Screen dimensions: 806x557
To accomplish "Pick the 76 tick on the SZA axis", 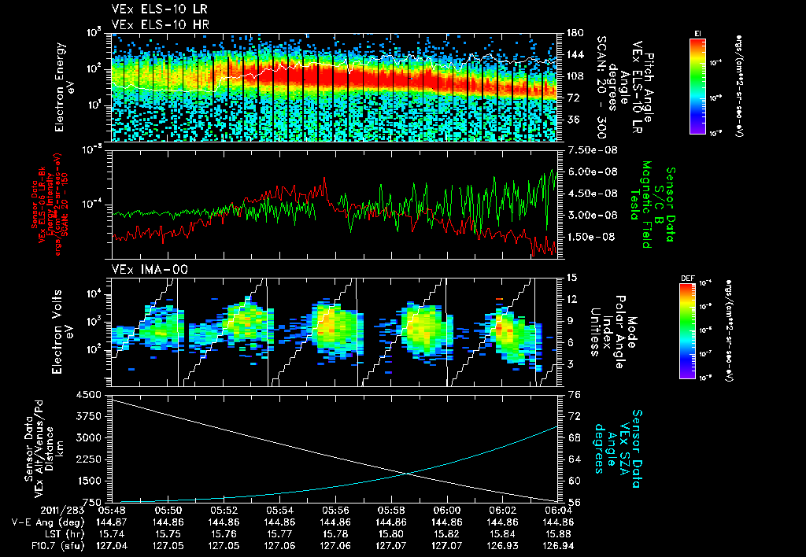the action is [x=569, y=393].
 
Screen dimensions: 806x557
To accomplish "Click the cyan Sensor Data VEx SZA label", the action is [x=626, y=441].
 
